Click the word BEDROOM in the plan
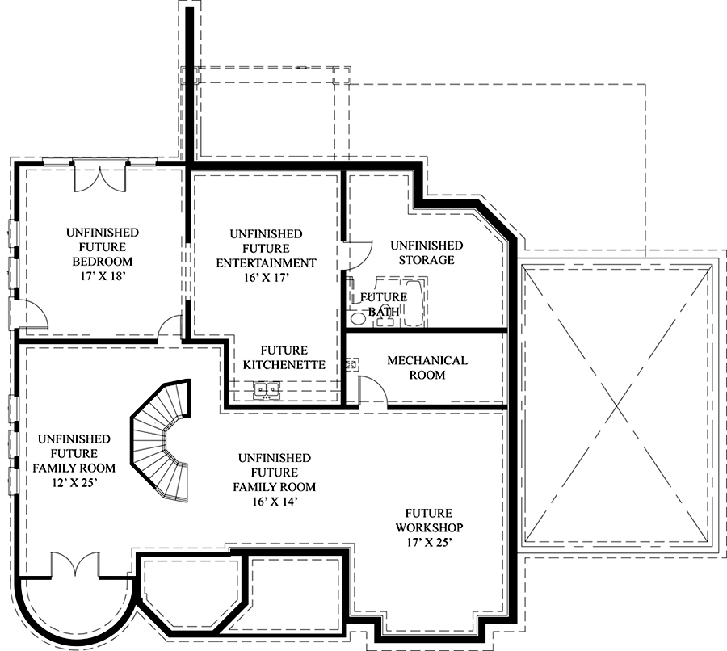point(102,262)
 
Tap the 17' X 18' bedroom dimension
point(102,276)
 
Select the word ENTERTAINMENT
point(266,263)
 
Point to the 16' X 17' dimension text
point(266,277)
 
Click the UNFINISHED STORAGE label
point(427,252)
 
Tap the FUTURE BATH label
point(384,304)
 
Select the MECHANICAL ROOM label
point(427,367)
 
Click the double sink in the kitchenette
point(267,389)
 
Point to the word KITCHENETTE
point(284,365)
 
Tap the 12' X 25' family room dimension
point(74,482)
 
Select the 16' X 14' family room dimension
point(275,502)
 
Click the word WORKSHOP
point(429,527)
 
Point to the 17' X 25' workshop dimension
point(429,542)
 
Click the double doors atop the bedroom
point(99,178)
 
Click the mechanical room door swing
point(372,393)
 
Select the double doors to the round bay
point(75,565)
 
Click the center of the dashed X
point(617,405)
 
